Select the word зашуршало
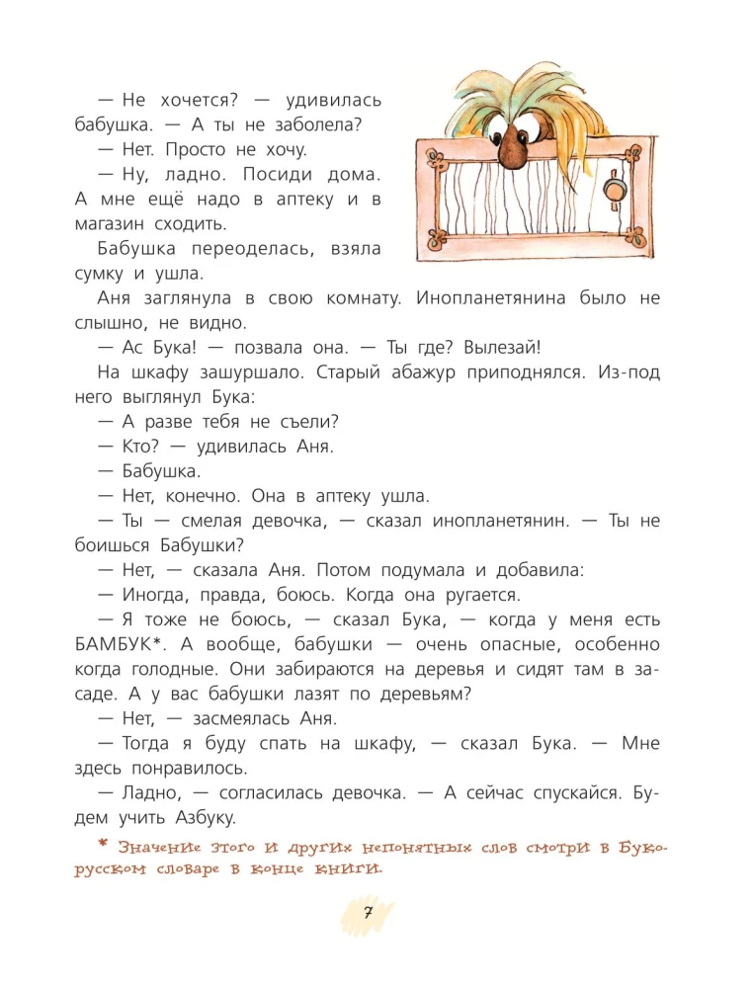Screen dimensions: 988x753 (239, 371)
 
